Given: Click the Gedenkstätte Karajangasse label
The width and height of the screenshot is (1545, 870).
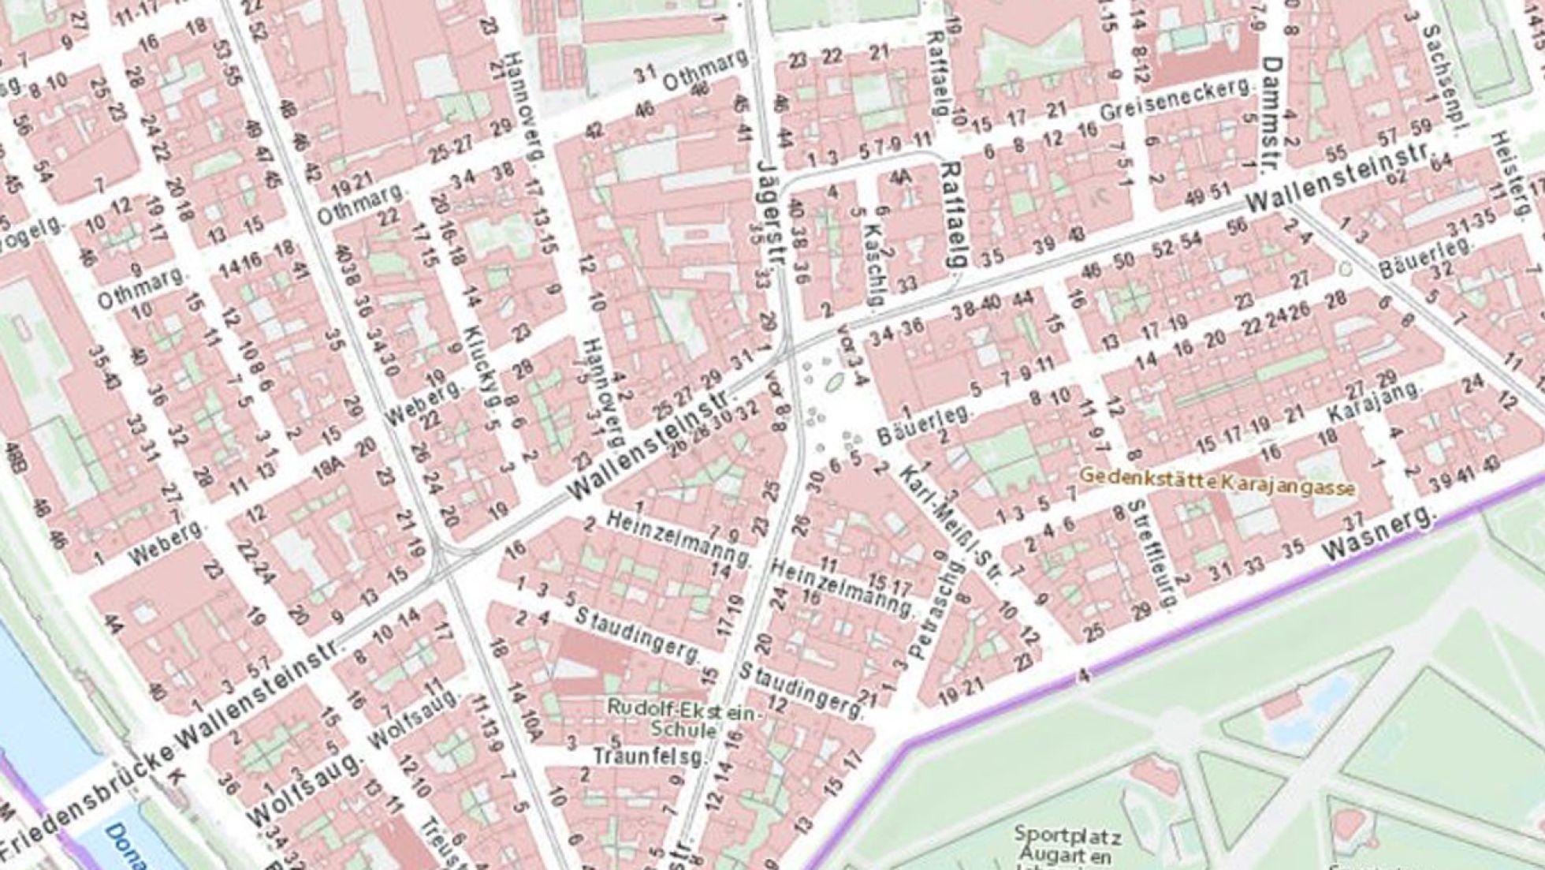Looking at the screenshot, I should [1217, 482].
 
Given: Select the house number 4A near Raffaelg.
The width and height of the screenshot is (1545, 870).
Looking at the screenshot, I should [900, 178].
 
